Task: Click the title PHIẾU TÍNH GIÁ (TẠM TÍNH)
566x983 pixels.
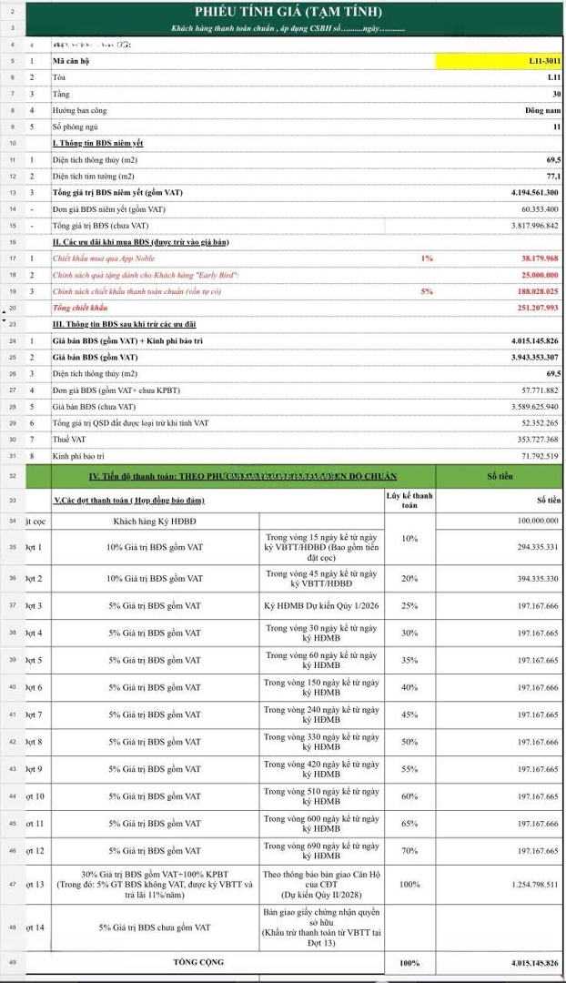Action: coord(288,12)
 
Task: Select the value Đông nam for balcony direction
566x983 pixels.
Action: coord(542,110)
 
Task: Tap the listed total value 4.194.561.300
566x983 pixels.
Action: coord(535,192)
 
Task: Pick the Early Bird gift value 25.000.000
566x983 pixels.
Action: coord(540,275)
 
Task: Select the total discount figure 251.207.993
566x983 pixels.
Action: coord(538,308)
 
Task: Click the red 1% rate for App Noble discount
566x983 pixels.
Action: coord(427,258)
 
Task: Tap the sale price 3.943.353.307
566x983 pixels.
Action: coord(535,357)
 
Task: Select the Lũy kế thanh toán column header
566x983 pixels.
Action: coord(409,500)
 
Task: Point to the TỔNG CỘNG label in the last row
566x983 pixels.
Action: coord(198,961)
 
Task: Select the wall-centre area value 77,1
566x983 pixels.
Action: coord(552,176)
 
